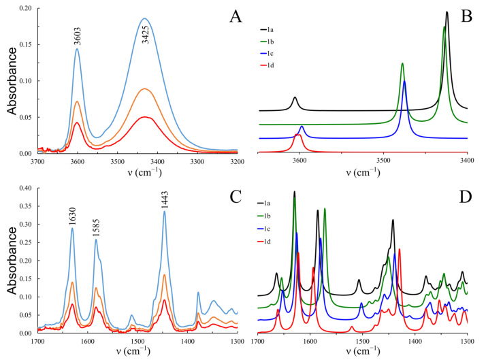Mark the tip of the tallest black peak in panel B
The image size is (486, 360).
[x=447, y=12]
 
